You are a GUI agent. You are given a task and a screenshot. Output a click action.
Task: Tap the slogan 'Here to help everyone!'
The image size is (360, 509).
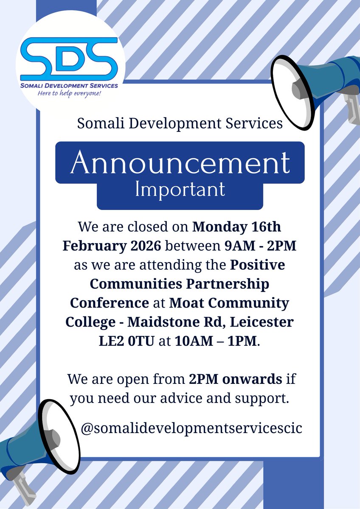pyautogui.click(x=70, y=92)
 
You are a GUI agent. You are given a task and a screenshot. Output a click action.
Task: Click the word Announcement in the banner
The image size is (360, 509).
pyautogui.click(x=180, y=162)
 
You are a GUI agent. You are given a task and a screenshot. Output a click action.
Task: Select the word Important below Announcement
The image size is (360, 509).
pyautogui.click(x=180, y=190)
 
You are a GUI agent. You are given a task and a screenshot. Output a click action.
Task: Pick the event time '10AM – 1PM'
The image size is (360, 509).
pyautogui.click(x=215, y=341)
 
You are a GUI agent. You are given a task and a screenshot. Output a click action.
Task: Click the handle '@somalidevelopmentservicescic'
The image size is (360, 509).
pyautogui.click(x=191, y=428)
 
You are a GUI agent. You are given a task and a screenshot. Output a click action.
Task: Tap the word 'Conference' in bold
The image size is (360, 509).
pyautogui.click(x=108, y=303)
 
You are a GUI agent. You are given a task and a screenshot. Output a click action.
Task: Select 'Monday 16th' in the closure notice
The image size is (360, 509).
pyautogui.click(x=236, y=227)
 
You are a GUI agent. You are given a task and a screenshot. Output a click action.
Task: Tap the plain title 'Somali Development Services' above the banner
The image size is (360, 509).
pyautogui.click(x=180, y=123)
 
